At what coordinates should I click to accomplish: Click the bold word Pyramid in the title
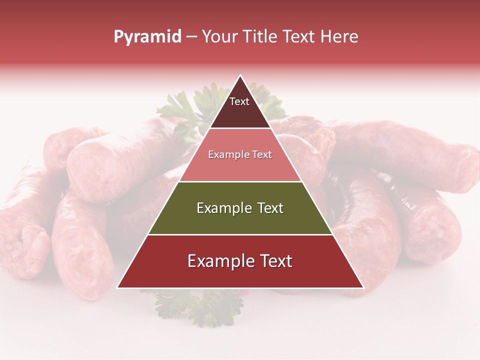[x=147, y=36]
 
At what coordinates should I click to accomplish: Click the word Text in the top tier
[x=239, y=101]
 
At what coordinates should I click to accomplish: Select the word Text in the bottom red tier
[x=274, y=261]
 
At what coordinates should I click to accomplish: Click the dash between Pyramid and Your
[x=191, y=36]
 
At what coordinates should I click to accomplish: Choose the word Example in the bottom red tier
[x=220, y=261]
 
